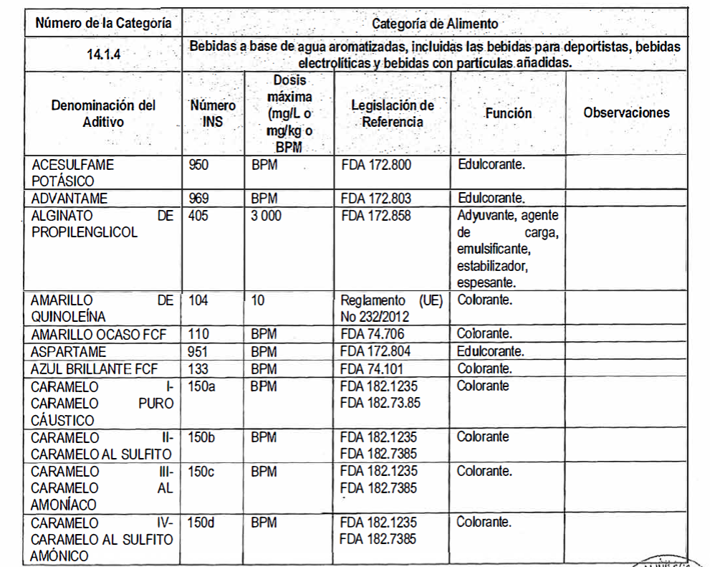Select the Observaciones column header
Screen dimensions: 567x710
click(x=626, y=113)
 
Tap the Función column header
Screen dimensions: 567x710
click(x=508, y=113)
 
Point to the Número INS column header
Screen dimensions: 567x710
click(x=212, y=113)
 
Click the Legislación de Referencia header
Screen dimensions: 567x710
click(x=393, y=113)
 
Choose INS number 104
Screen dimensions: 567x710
click(x=198, y=300)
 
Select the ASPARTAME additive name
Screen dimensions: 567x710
click(x=68, y=352)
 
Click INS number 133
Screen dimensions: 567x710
click(x=198, y=369)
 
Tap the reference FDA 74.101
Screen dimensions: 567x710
click(x=373, y=369)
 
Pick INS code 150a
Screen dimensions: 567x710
click(x=201, y=386)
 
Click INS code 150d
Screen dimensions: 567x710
click(x=201, y=523)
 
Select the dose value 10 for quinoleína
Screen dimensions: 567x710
click(x=258, y=300)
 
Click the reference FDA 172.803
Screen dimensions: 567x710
click(x=375, y=198)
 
